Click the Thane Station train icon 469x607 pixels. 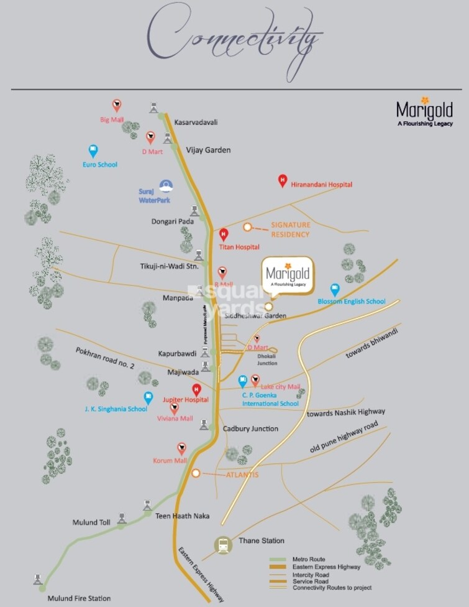222,545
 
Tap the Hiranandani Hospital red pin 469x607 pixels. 283,181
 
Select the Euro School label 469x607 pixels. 100,165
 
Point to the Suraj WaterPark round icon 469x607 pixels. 166,185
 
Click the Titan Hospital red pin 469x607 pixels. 224,235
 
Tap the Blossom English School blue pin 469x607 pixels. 335,289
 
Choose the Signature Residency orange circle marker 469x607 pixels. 247,228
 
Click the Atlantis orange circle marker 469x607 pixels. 196,473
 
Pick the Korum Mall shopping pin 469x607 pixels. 181,448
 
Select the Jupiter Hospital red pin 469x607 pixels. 196,391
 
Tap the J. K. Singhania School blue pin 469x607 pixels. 148,397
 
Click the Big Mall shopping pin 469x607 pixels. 116,105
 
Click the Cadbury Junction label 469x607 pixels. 251,429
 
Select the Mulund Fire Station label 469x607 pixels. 79,598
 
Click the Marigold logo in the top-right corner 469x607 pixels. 424,112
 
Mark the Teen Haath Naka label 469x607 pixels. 182,516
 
